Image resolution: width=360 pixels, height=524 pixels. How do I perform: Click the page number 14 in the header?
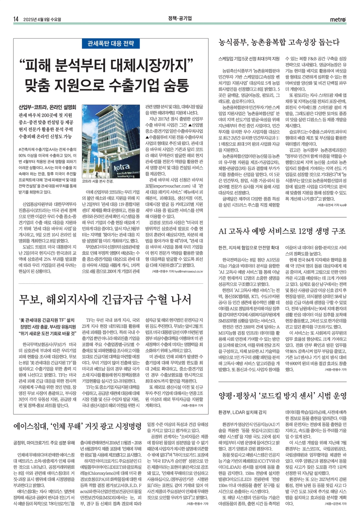(16, 19)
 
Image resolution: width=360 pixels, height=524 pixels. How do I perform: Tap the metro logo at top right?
(338, 19)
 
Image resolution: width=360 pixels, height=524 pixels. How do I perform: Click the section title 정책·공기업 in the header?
(180, 19)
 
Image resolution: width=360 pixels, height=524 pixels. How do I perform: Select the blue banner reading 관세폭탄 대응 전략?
(111, 44)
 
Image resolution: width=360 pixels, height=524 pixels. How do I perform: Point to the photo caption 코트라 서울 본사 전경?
(97, 181)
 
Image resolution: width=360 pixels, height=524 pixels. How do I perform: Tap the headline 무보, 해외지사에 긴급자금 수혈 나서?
(105, 300)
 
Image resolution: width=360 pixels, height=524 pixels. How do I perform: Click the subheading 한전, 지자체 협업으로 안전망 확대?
(249, 248)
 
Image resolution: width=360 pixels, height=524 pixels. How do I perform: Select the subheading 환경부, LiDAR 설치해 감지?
(242, 412)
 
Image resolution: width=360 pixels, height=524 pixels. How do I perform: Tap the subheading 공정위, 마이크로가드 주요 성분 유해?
(44, 442)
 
